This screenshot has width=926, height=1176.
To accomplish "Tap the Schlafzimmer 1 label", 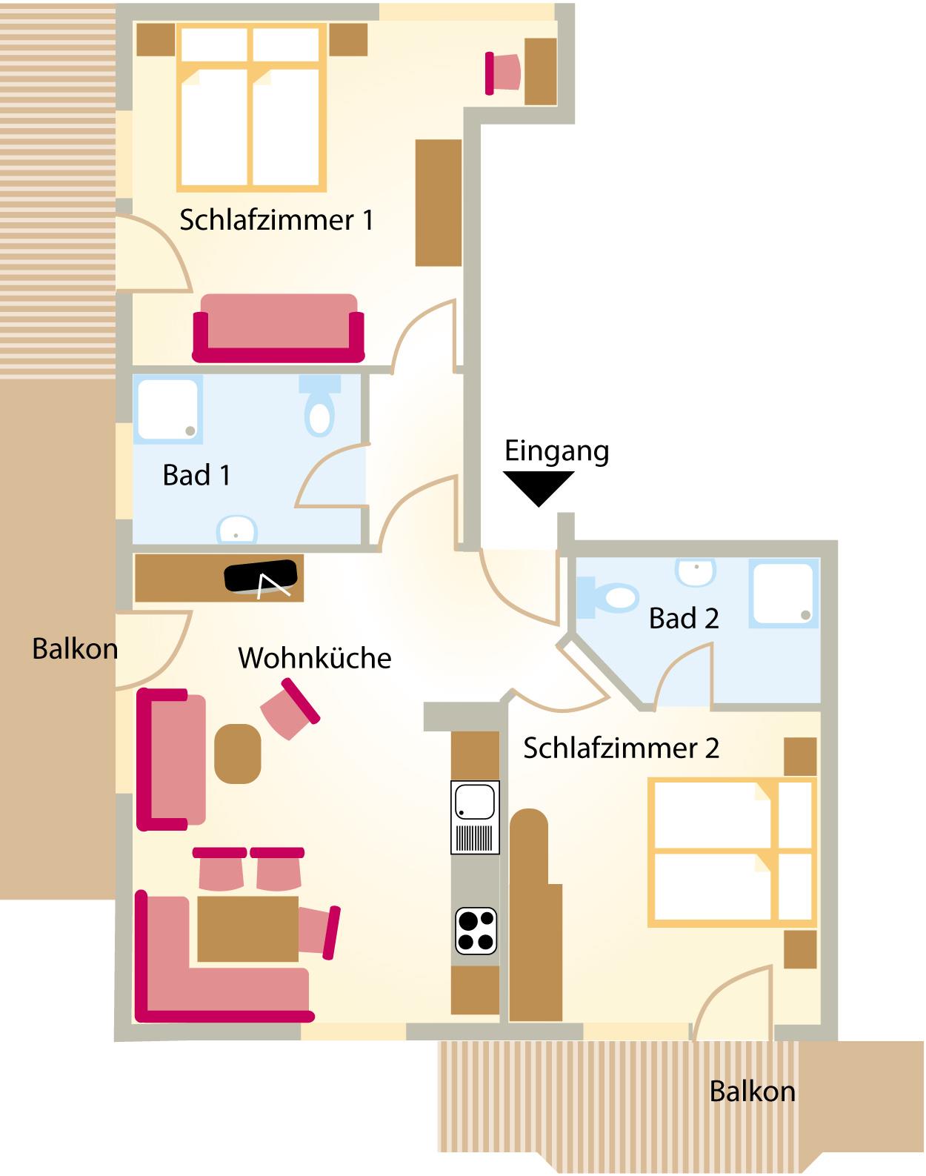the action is click(x=276, y=220).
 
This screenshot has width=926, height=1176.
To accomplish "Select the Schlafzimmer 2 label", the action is click(x=621, y=748).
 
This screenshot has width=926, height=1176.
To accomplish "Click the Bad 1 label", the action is click(x=196, y=475).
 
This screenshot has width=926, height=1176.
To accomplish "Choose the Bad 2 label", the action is click(x=684, y=618).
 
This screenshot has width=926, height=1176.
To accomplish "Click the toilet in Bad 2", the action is click(x=607, y=597).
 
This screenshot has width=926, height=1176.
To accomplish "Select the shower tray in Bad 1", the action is click(x=167, y=409).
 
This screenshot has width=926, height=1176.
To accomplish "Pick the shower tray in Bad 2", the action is click(x=784, y=593).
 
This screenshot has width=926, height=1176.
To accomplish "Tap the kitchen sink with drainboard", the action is click(x=475, y=817).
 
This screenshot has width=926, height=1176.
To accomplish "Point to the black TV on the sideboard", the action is click(x=262, y=577).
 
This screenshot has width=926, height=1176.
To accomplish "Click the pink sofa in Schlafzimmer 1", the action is click(x=279, y=328).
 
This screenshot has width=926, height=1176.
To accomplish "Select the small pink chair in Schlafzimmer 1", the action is click(x=502, y=73).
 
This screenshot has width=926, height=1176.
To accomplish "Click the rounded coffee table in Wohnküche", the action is click(x=238, y=754).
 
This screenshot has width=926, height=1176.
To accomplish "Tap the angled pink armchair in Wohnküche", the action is click(x=290, y=708).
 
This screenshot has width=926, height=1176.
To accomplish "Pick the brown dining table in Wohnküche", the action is click(x=247, y=928).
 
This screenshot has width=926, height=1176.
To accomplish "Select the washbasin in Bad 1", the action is click(x=236, y=529).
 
